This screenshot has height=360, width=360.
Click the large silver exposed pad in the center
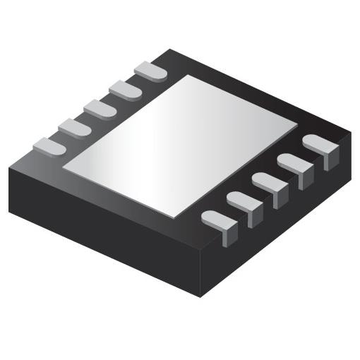(180, 144)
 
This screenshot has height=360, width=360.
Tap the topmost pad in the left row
(150, 71)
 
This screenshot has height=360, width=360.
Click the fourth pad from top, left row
(74, 128)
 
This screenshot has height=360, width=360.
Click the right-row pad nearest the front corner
(220, 222)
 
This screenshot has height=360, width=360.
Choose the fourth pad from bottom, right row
(294, 166)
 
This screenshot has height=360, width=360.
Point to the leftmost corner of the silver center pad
(64, 167)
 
